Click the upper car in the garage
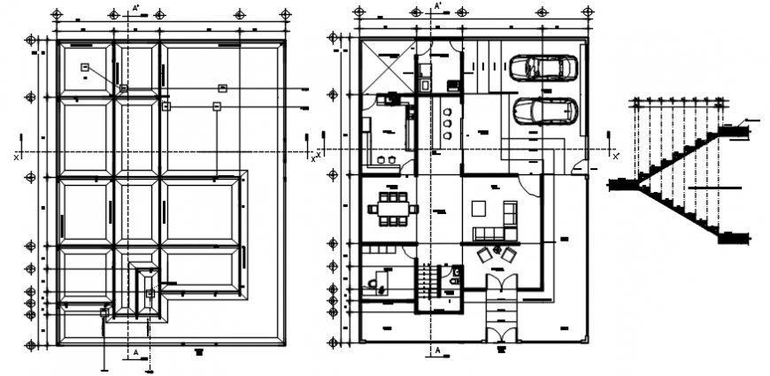point(543,67)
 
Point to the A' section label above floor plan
point(438,6)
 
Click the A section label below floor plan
point(437,350)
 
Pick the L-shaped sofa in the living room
point(497,225)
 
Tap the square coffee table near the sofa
point(478,209)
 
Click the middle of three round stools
point(447,123)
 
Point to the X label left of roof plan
point(17,157)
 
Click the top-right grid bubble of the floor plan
point(585,12)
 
